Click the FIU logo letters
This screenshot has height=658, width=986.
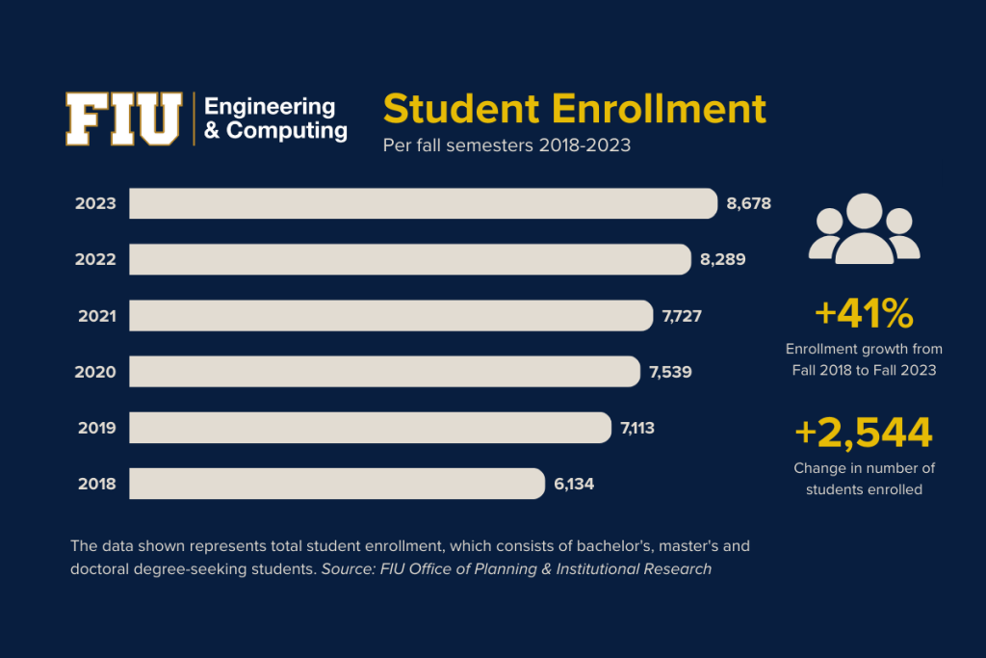point(123,118)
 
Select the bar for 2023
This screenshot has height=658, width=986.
point(424,203)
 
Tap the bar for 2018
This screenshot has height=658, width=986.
point(337,484)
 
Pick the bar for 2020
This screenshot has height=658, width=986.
point(385,371)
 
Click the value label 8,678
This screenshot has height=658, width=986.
point(749,203)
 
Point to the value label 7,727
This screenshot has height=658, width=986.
point(684,315)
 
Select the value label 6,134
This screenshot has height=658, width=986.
point(574,484)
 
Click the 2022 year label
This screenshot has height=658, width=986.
point(96,259)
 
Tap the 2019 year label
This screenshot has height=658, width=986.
point(96,428)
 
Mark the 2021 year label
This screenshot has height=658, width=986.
point(96,315)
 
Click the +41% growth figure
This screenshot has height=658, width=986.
point(864,313)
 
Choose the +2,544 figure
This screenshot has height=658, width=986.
point(864,434)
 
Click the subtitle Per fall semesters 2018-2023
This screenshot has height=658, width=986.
point(506,146)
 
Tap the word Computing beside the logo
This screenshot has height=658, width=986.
point(286,130)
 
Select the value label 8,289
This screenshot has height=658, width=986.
point(722,259)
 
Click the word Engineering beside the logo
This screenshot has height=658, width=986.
point(270,106)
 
